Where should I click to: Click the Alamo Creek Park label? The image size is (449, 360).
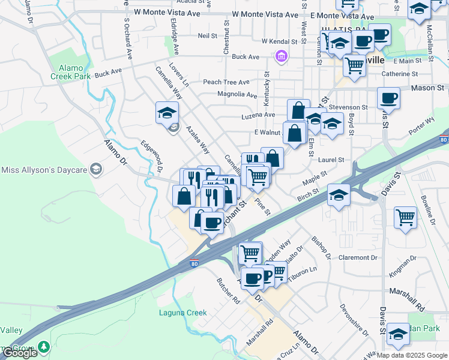click(x=71, y=72)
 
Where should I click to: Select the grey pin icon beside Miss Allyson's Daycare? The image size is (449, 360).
click(x=95, y=170)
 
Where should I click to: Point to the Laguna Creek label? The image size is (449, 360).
click(x=182, y=313)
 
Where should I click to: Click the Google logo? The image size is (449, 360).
click(x=20, y=353)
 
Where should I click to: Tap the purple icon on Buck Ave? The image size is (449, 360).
click(x=280, y=57)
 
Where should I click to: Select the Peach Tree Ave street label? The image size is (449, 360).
click(x=226, y=82)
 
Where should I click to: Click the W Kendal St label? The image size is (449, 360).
click(x=279, y=41)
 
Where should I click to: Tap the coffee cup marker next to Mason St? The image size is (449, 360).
click(x=388, y=97)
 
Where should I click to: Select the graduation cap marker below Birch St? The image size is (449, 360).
click(x=339, y=196)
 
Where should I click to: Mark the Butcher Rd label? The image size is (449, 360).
click(x=229, y=291)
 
